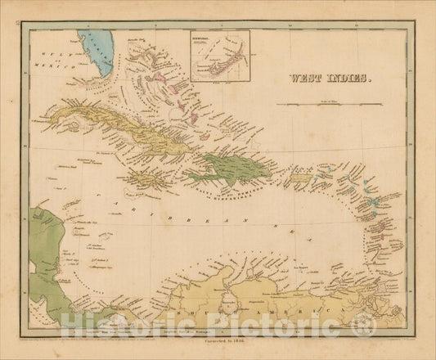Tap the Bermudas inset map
[220, 56]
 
